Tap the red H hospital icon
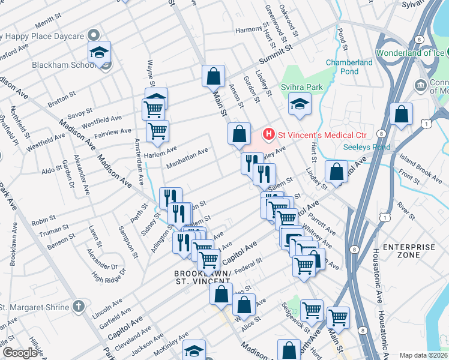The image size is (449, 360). pos(270,133)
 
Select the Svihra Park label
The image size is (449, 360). pos(302,88)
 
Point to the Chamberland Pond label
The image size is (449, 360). pos(349,67)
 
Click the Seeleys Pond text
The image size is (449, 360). pos(367,147)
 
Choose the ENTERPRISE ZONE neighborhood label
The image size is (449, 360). pos(409,251)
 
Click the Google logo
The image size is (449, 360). pos(20,353)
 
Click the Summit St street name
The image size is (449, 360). pos(275,55)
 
